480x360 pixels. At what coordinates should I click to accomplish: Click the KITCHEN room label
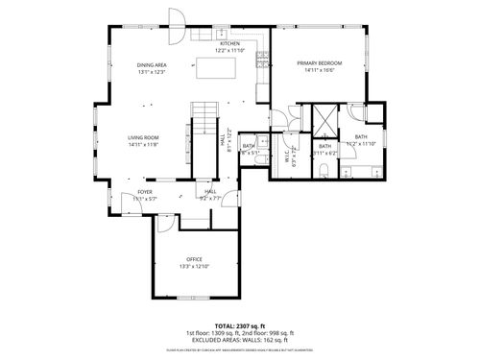[229, 44]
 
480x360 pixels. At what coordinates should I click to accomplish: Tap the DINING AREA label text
[153, 65]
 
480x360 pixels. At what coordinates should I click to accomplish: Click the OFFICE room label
[193, 260]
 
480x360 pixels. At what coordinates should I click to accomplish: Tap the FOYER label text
[144, 192]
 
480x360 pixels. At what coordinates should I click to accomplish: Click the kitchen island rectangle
[216, 69]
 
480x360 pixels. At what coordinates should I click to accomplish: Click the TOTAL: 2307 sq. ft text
[240, 326]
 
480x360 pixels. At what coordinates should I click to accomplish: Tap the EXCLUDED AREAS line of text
[240, 339]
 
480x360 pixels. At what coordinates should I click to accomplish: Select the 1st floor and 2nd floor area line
[240, 333]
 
